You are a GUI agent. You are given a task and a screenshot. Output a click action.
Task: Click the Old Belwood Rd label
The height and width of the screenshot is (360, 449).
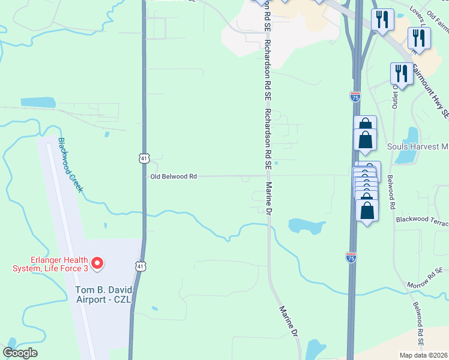(x=173, y=176)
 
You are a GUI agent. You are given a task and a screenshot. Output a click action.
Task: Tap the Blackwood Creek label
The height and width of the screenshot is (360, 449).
(x=70, y=165)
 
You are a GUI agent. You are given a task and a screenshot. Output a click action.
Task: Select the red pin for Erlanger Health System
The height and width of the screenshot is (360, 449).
(x=97, y=263)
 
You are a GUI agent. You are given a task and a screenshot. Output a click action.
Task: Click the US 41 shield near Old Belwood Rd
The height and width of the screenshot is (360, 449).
(x=143, y=158)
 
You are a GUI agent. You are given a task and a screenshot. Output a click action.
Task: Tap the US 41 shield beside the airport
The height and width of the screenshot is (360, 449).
(x=140, y=266)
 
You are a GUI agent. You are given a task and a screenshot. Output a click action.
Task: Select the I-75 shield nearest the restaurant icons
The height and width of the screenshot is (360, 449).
(x=354, y=95)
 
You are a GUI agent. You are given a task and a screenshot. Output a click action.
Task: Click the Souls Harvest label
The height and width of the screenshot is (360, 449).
(x=418, y=146)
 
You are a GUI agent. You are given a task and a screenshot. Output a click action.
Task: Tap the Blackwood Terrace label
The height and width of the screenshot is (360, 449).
(x=422, y=221)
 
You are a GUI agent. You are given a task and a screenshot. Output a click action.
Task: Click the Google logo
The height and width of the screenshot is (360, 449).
(x=20, y=353)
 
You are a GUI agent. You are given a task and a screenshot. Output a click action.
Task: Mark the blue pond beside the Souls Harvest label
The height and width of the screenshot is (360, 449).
(x=411, y=146)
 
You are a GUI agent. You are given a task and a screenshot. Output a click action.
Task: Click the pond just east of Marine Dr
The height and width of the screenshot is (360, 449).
(x=307, y=226)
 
